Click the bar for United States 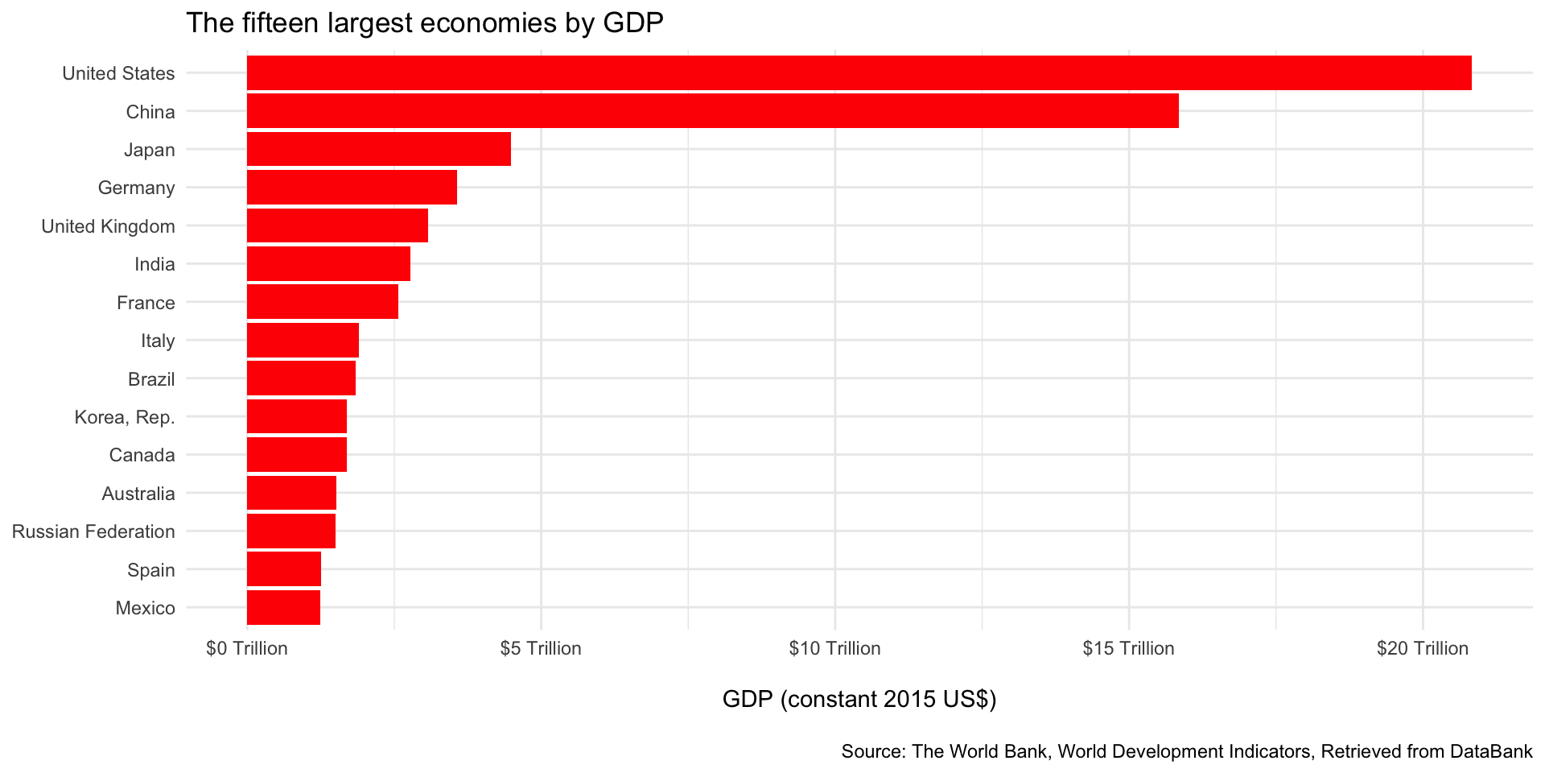pos(859,73)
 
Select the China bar pos(712,111)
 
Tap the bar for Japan pos(378,150)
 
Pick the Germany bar pos(352,188)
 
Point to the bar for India pos(328,264)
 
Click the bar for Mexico pos(283,608)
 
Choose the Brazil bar pos(301,378)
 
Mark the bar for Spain pos(284,569)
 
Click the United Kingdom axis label pos(108,226)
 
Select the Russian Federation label pos(93,531)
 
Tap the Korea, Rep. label pos(124,417)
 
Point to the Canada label pos(142,455)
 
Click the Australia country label pos(138,494)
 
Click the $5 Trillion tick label pos(541,649)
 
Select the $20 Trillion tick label pos(1423,649)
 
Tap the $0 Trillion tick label pos(247,649)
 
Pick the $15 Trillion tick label pos(1128,649)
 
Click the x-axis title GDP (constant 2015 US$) pos(859,699)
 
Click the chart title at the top pos(424,23)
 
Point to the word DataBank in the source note pos(1491,752)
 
